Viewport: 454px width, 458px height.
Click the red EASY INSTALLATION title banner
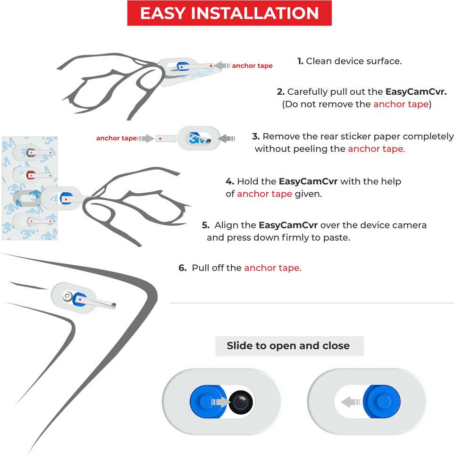(229, 13)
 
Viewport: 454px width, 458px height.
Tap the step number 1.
(300, 61)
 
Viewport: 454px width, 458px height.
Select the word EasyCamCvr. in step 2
(416, 92)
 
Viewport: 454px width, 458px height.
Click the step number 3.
(256, 136)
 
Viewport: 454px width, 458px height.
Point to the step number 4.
(230, 181)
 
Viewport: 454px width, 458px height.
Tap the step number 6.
(183, 268)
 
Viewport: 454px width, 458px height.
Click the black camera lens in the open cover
(241, 402)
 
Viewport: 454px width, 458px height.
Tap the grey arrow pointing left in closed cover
(351, 402)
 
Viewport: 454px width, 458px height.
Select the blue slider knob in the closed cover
(382, 401)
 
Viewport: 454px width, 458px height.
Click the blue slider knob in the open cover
(207, 401)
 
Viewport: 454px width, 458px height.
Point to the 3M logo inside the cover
(197, 138)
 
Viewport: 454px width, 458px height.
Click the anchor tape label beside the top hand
(252, 65)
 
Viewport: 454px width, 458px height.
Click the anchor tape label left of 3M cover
(117, 138)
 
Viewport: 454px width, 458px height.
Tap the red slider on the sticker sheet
(30, 175)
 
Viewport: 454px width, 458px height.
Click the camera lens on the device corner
(67, 296)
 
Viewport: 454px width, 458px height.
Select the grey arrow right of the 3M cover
(227, 138)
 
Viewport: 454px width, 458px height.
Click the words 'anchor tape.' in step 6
(273, 268)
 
